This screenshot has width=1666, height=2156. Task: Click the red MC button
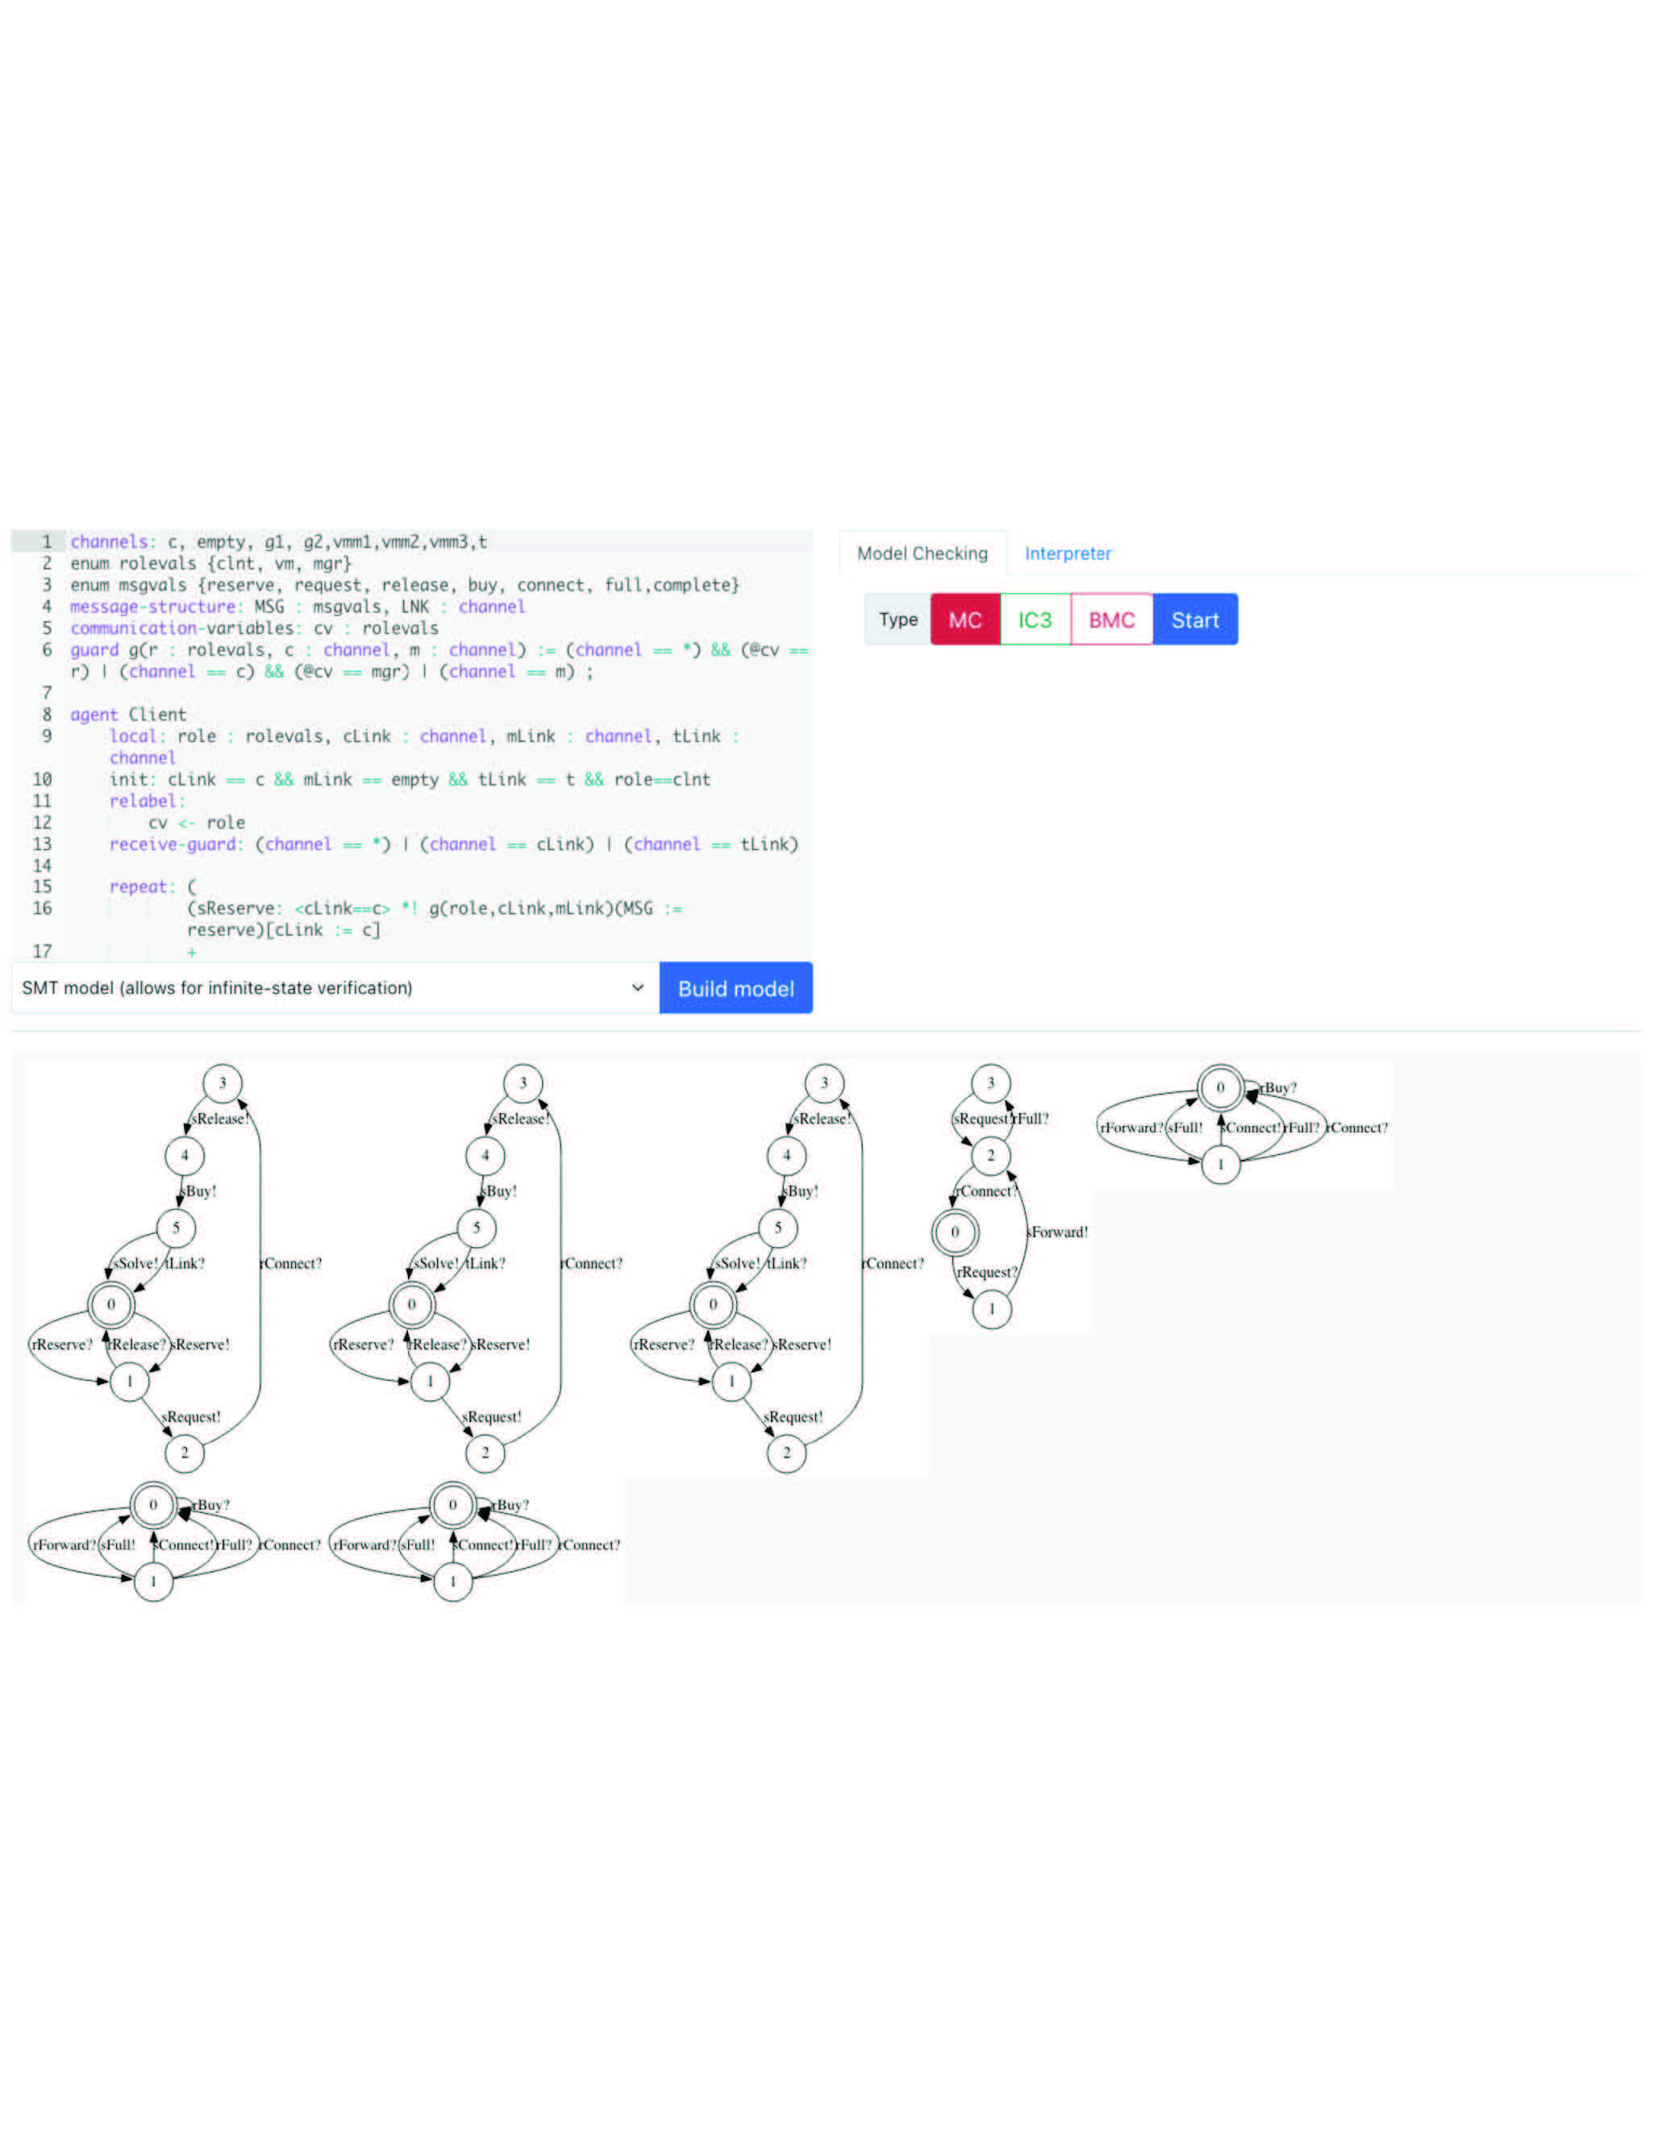click(964, 620)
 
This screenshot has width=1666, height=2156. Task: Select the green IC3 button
click(1035, 620)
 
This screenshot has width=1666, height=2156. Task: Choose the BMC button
click(1110, 620)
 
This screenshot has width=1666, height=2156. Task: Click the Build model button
click(735, 988)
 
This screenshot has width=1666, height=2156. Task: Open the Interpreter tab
click(1067, 554)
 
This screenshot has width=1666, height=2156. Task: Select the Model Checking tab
click(922, 554)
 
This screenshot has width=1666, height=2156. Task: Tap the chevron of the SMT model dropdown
click(638, 988)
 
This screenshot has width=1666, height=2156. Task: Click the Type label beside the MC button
click(898, 620)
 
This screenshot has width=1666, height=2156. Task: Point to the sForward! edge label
click(1058, 1232)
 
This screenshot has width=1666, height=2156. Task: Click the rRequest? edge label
click(986, 1273)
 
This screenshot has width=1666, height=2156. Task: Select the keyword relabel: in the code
click(147, 801)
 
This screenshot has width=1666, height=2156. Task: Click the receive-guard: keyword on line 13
click(176, 844)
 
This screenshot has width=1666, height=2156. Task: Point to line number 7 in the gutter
click(47, 693)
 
